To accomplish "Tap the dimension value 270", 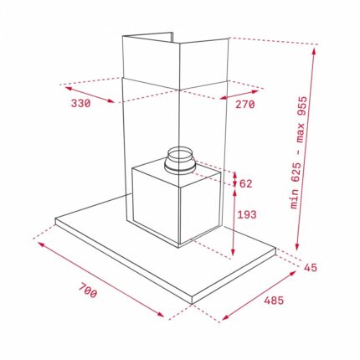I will pyautogui.click(x=244, y=105).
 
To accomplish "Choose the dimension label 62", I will pyautogui.click(x=246, y=183).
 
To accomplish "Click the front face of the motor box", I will pyautogui.click(x=156, y=204).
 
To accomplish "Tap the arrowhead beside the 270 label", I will pyautogui.click(x=223, y=100).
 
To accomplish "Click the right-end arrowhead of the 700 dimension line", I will pyautogui.click(x=163, y=316).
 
